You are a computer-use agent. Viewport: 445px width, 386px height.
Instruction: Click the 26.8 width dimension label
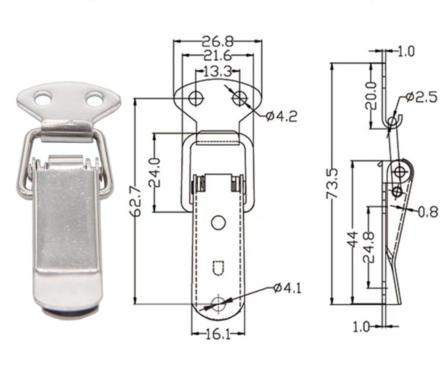click(218, 41)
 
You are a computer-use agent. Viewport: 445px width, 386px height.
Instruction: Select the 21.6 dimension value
click(217, 55)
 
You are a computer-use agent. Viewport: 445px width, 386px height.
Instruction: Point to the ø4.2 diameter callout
click(281, 117)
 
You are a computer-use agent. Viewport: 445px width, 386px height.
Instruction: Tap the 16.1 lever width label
click(218, 334)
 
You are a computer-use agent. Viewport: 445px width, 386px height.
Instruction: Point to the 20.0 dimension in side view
click(370, 95)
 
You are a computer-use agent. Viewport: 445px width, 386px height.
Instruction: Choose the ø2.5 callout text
click(421, 97)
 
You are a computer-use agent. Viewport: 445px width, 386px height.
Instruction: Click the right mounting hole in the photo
click(94, 99)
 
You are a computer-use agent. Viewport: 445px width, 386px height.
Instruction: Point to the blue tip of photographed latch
click(67, 312)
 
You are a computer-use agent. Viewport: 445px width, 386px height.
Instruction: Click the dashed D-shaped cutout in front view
click(218, 268)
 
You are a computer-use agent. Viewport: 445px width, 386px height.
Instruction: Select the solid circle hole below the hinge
click(218, 223)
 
